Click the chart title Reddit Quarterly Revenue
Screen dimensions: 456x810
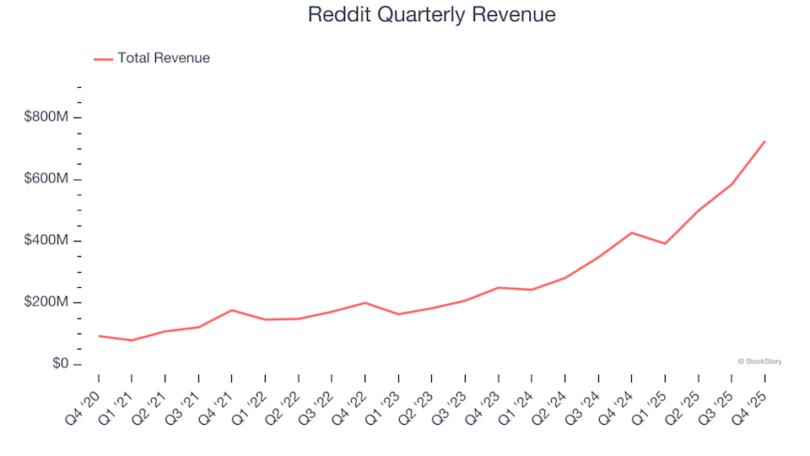click(431, 14)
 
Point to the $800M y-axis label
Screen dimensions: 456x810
click(46, 117)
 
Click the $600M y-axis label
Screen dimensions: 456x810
click(46, 179)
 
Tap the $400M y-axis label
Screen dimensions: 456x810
click(46, 241)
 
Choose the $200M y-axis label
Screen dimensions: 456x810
click(46, 302)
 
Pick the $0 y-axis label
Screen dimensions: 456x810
click(59, 364)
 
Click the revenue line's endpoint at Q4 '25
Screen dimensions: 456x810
click(764, 141)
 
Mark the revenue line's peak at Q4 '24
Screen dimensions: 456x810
click(632, 232)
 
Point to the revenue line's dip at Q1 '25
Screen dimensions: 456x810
click(665, 243)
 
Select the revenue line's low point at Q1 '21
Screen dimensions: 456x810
click(132, 340)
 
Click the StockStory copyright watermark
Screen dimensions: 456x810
click(759, 361)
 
